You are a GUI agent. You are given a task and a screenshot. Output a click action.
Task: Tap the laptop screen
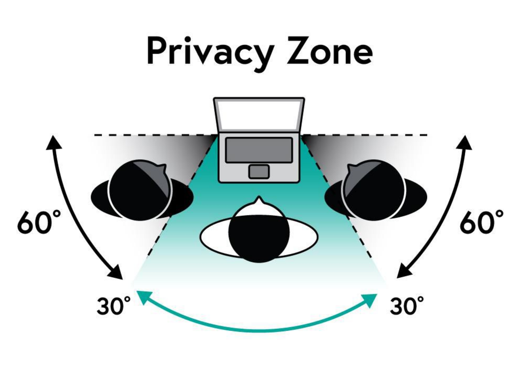pos(259,114)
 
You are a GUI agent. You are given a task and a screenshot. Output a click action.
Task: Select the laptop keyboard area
pos(259,150)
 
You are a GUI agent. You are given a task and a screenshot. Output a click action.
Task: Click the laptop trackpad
pos(259,172)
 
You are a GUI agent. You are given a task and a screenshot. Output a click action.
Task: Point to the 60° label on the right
pos(481,222)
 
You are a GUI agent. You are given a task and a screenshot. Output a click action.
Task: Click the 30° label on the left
pos(114,306)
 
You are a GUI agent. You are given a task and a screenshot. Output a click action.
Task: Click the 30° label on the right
pos(407,306)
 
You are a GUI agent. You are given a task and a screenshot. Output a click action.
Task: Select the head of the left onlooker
pos(141,190)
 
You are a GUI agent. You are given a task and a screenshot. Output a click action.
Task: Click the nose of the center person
pos(259,200)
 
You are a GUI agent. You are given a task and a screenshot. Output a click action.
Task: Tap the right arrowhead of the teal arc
pos(370,300)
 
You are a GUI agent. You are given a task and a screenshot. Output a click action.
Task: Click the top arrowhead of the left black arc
pos(54,142)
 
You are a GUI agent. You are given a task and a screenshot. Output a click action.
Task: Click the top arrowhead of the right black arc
pos(465,142)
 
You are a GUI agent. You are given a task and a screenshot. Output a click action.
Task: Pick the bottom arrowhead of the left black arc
pos(116,272)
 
